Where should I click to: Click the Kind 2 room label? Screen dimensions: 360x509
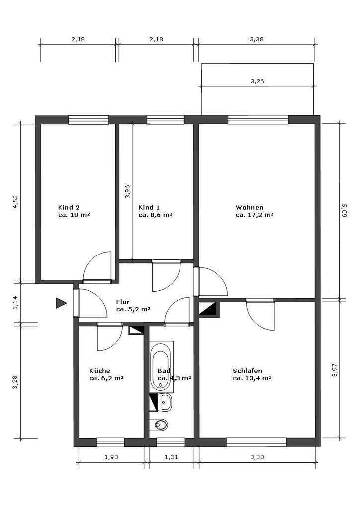point(74,211)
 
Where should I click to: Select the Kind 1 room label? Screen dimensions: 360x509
point(155,211)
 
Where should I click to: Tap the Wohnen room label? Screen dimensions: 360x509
point(255,211)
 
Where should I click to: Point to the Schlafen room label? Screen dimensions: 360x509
point(252,374)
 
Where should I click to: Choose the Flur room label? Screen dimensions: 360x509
point(133,306)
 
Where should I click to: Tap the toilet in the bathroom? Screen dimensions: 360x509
point(160,424)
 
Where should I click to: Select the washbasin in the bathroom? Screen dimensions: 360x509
point(166,403)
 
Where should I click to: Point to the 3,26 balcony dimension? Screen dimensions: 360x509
point(257,81)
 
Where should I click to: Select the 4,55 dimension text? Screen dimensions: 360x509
point(15,203)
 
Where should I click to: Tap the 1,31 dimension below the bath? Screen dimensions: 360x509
point(171,457)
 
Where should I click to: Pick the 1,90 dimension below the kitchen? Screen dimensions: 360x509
point(111,457)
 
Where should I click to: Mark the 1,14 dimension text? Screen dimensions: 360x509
point(15,303)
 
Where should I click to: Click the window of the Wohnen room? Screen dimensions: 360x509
point(258,120)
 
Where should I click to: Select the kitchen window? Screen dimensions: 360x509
point(110,442)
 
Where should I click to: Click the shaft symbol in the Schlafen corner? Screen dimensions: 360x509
point(209,309)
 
